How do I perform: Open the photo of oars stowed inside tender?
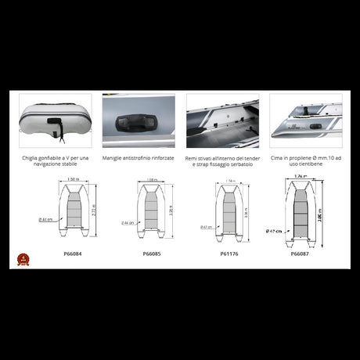click(222, 121)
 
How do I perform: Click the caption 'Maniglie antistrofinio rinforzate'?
click(142, 158)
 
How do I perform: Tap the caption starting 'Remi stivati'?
click(222, 161)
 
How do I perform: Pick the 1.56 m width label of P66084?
click(73, 179)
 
